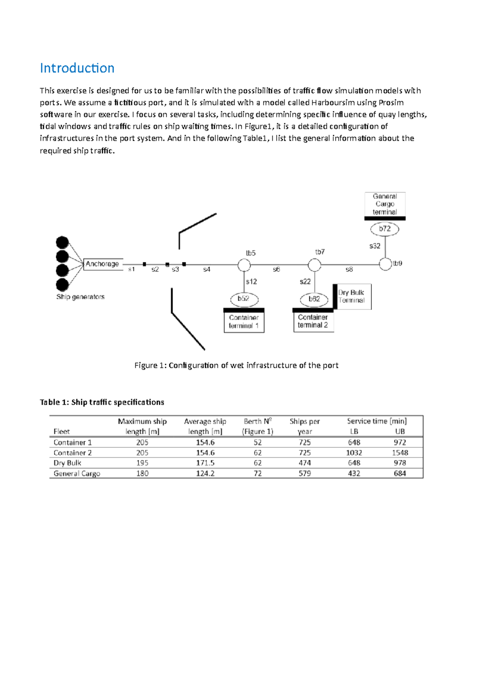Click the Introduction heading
(x=77, y=68)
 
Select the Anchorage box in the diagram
(x=102, y=264)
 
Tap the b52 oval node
(x=244, y=299)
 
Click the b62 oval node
(x=314, y=299)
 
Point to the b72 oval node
(x=385, y=229)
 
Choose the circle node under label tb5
(x=244, y=265)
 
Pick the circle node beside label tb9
(x=385, y=264)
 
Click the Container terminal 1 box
(x=244, y=322)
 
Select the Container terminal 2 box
(x=313, y=321)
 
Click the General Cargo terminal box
(x=385, y=204)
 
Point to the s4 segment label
(x=207, y=269)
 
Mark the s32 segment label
(x=375, y=246)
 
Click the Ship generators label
(x=80, y=297)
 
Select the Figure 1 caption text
(x=236, y=366)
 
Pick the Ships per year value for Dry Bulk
(x=305, y=463)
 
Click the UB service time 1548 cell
(x=400, y=453)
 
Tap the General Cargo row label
(x=77, y=474)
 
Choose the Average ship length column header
(x=205, y=426)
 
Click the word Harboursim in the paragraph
(x=333, y=103)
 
